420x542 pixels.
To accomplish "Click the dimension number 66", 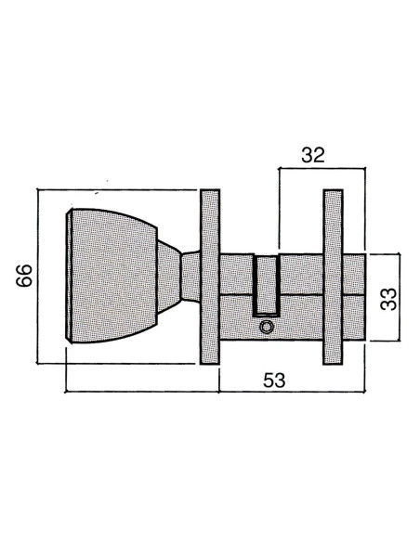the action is [x=24, y=275].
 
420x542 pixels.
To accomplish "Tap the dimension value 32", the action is [x=313, y=155].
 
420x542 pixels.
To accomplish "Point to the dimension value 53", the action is [x=274, y=381].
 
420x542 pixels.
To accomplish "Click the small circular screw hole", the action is [x=266, y=327].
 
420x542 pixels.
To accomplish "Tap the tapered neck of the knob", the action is [x=169, y=277].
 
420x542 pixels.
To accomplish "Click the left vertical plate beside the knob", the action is [x=210, y=277].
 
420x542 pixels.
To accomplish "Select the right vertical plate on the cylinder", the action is [x=333, y=277].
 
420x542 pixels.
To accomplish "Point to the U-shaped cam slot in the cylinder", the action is [x=266, y=286].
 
